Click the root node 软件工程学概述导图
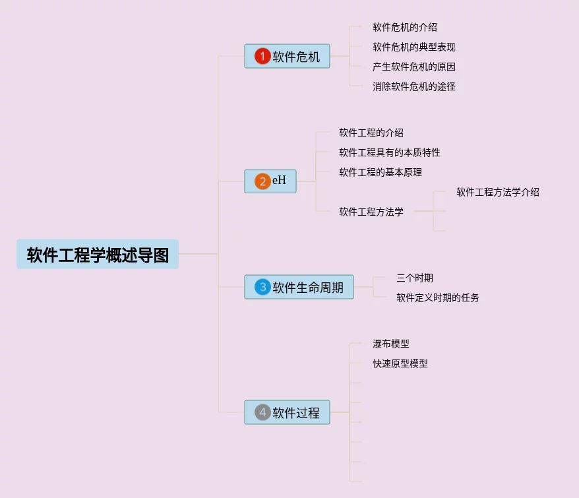pos(98,255)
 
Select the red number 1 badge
pos(262,57)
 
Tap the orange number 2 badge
pos(262,181)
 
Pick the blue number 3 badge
pos(262,287)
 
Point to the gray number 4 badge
pos(262,412)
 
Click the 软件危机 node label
pos(296,57)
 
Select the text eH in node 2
pos(280,181)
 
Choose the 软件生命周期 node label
pos(308,288)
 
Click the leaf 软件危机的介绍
pos(404,28)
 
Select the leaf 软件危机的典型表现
pos(413,47)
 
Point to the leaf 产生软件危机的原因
pos(413,67)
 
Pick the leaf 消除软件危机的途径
pos(413,86)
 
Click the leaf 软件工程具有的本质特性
pos(389,153)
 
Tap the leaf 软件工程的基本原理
pos(380,173)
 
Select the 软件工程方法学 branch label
pos(371,212)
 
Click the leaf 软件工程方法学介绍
pos(497,193)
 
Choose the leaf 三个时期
pos(414,278)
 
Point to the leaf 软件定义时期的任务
pos(437,298)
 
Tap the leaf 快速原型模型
pos(400,363)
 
